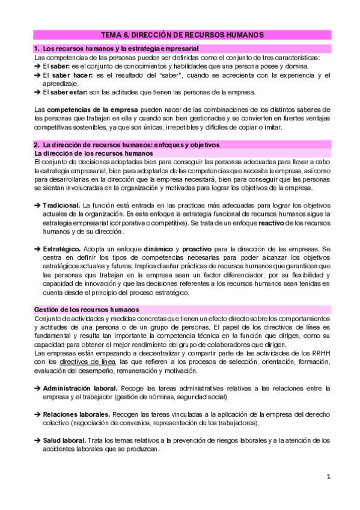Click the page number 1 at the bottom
point(329,477)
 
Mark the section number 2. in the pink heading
point(37,145)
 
